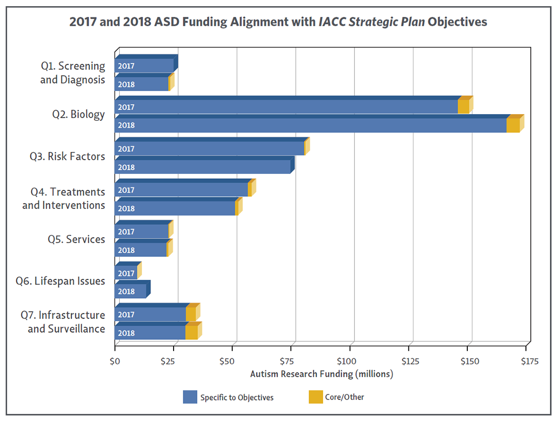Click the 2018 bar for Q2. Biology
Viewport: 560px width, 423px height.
pyautogui.click(x=311, y=125)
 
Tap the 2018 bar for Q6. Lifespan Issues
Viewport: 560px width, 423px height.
pyautogui.click(x=131, y=292)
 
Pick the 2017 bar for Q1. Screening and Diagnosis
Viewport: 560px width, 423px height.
pyautogui.click(x=145, y=66)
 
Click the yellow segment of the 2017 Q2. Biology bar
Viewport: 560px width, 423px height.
pyautogui.click(x=463, y=107)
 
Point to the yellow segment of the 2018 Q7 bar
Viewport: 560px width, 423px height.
pyautogui.click(x=191, y=333)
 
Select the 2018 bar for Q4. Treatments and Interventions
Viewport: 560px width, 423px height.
pyautogui.click(x=175, y=208)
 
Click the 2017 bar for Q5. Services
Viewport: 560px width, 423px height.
pyautogui.click(x=142, y=232)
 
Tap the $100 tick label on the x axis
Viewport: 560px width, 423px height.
pyautogui.click(x=350, y=362)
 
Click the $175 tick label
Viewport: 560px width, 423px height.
pyautogui.click(x=528, y=362)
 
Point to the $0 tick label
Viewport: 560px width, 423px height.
pyautogui.click(x=115, y=362)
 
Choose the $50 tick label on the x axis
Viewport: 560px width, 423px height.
pyautogui.click(x=232, y=362)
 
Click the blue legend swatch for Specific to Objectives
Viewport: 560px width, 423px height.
pyautogui.click(x=190, y=397)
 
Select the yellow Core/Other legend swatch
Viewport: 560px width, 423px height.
pyautogui.click(x=316, y=397)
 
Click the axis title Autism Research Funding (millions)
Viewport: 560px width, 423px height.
pyautogui.click(x=322, y=374)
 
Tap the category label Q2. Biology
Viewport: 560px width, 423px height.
pyautogui.click(x=78, y=114)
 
